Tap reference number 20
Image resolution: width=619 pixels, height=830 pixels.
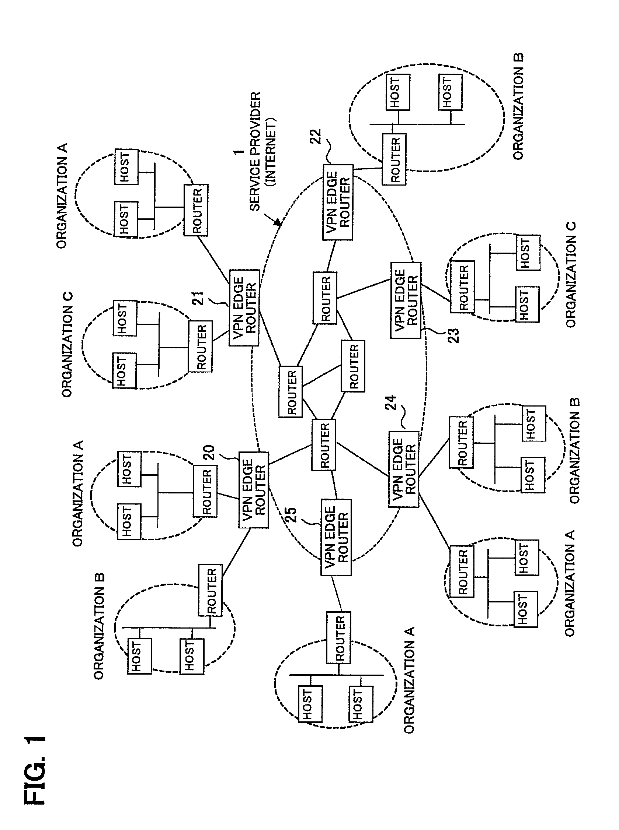coord(209,452)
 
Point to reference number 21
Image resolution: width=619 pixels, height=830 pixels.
coord(198,298)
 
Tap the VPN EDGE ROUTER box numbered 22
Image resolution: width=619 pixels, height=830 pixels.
coord(338,202)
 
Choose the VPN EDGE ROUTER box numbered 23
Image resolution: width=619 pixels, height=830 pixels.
coord(406,300)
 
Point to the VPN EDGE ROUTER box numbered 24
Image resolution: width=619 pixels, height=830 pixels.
coord(403,469)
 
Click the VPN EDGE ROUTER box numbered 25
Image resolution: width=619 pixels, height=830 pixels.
coord(336,537)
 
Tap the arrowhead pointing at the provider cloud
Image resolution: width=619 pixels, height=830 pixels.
coord(277,223)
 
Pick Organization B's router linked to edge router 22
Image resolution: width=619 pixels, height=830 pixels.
coord(394,159)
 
